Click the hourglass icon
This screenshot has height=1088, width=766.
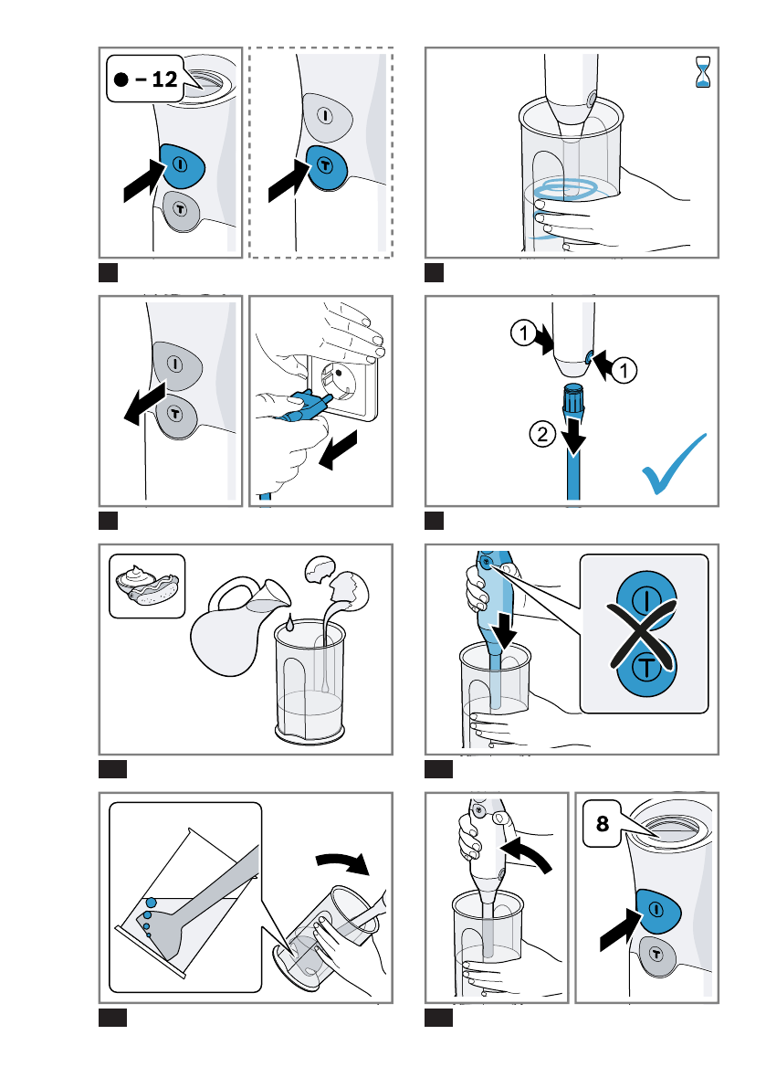[x=703, y=72]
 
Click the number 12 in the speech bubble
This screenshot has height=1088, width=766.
[x=164, y=79]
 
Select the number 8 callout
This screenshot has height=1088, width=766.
[x=603, y=824]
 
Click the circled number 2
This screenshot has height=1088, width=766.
[x=542, y=435]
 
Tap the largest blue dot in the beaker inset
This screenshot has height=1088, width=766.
[x=152, y=903]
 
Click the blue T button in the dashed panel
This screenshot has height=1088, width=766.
[x=325, y=167]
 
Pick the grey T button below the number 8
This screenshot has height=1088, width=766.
[x=656, y=956]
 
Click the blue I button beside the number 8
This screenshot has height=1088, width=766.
[x=656, y=911]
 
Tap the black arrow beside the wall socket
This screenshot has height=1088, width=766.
[x=338, y=449]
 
